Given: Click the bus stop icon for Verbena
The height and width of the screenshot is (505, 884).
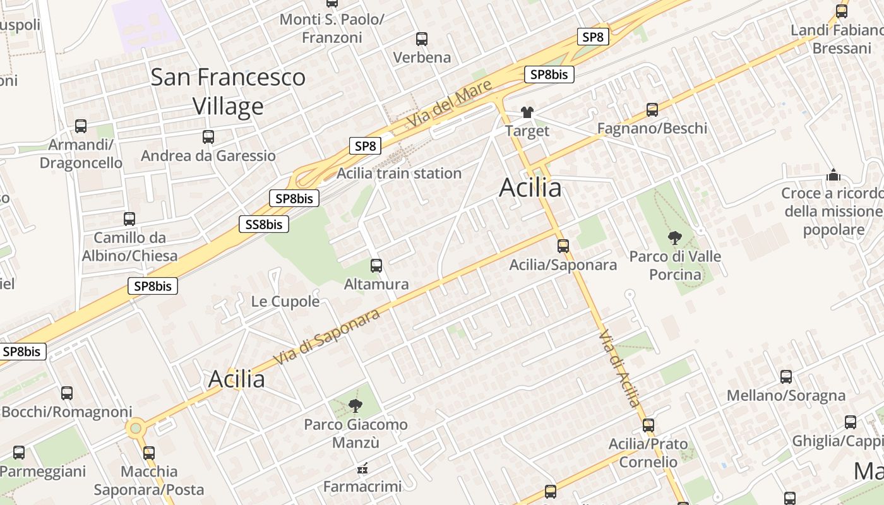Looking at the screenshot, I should pyautogui.click(x=422, y=39).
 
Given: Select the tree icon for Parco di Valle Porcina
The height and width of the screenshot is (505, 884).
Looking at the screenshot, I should pyautogui.click(x=675, y=238).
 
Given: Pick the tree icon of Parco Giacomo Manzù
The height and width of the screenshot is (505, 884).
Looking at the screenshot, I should pyautogui.click(x=355, y=406).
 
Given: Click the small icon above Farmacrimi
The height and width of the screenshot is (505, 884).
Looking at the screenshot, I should pyautogui.click(x=362, y=468).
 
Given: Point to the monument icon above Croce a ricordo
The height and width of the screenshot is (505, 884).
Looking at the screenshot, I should pyautogui.click(x=833, y=174).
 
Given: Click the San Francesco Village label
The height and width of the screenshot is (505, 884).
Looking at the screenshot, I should pyautogui.click(x=228, y=92).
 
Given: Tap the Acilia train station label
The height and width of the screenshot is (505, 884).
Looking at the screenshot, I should pyautogui.click(x=399, y=173).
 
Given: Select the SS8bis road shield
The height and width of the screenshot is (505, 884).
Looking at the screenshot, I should pyautogui.click(x=264, y=224).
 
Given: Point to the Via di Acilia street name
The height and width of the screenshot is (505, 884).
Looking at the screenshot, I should pyautogui.click(x=620, y=369).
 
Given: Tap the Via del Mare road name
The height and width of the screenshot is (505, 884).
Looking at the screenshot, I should pyautogui.click(x=449, y=105).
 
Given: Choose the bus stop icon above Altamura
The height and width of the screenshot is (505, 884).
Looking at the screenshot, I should pyautogui.click(x=376, y=266).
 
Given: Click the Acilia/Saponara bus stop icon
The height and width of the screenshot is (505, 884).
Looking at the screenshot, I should pyautogui.click(x=563, y=246).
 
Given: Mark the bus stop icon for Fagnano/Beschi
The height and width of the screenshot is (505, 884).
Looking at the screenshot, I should pyautogui.click(x=652, y=110).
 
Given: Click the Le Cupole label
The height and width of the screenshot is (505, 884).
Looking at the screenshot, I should pyautogui.click(x=285, y=302).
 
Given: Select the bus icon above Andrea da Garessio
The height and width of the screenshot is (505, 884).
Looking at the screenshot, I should pyautogui.click(x=208, y=137).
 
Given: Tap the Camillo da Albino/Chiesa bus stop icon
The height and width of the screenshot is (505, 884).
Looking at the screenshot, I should pyautogui.click(x=129, y=219).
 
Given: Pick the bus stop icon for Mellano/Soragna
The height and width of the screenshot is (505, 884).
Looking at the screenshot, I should pyautogui.click(x=786, y=377).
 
